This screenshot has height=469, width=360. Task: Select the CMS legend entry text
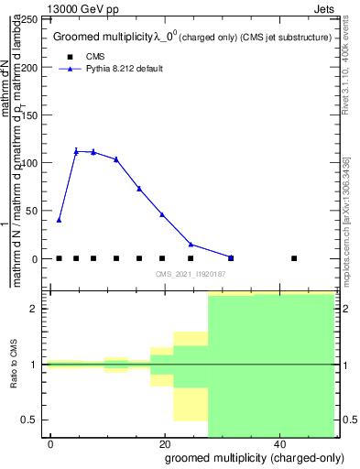point(95,56)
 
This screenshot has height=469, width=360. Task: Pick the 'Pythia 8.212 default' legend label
point(124,69)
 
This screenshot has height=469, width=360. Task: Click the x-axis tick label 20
point(164,443)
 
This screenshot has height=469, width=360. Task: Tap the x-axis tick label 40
point(278,443)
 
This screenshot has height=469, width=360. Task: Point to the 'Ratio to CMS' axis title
point(15,365)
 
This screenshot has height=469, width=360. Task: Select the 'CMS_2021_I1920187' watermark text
point(191,274)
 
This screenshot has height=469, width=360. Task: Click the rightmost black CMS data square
point(293,258)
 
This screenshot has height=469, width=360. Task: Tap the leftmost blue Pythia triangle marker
point(59,220)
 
